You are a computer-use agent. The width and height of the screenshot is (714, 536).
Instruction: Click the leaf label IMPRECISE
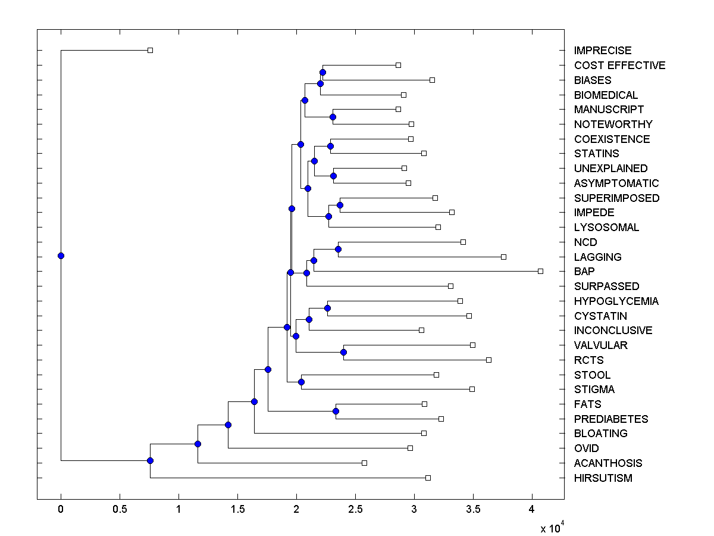pyautogui.click(x=603, y=51)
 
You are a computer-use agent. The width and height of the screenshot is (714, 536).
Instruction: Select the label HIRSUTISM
pyautogui.click(x=603, y=478)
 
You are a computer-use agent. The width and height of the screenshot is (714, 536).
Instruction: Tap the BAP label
pyautogui.click(x=584, y=272)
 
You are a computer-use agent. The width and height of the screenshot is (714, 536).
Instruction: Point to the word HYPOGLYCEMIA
pyautogui.click(x=616, y=301)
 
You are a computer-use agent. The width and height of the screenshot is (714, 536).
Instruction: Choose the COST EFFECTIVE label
pyautogui.click(x=619, y=66)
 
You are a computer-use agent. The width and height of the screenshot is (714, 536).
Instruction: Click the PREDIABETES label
pyautogui.click(x=611, y=419)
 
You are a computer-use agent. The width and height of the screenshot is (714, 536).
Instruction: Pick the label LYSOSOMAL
pyautogui.click(x=606, y=228)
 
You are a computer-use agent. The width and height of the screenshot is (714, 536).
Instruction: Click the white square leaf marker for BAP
pyautogui.click(x=540, y=271)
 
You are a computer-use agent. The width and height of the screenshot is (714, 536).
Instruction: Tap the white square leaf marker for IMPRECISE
pyautogui.click(x=150, y=50)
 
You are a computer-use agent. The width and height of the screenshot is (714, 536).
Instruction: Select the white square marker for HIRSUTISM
pyautogui.click(x=428, y=478)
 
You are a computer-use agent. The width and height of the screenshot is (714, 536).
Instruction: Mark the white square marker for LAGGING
pyautogui.click(x=503, y=257)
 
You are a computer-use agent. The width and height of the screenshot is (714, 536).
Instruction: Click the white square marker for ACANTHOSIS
pyautogui.click(x=365, y=463)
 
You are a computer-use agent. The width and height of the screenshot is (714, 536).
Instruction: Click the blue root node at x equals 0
pyautogui.click(x=61, y=255)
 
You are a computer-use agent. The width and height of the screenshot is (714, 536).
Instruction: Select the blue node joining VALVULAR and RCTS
pyautogui.click(x=343, y=352)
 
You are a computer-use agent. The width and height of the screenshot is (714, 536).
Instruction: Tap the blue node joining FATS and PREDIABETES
pyautogui.click(x=336, y=411)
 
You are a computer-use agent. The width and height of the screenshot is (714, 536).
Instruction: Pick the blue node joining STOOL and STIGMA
pyautogui.click(x=301, y=382)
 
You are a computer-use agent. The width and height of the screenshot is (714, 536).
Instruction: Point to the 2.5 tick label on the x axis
pyautogui.click(x=355, y=509)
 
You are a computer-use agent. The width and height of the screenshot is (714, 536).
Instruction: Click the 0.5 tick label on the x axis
pyautogui.click(x=120, y=509)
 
